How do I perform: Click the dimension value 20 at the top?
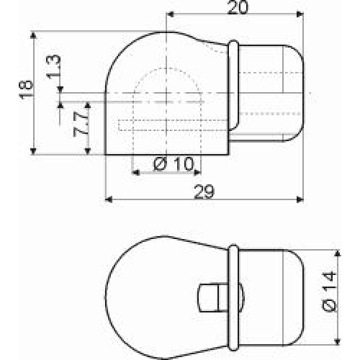tap(237, 7)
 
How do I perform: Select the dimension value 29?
tap(204, 192)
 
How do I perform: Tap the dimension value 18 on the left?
tap(25, 89)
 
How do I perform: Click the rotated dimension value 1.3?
tap(54, 67)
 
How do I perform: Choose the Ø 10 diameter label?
tap(173, 163)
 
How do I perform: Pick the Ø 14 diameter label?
tap(329, 291)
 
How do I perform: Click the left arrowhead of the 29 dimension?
tap(109, 199)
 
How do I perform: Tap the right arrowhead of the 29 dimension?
tap(300, 199)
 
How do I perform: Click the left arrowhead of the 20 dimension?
tap(170, 14)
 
